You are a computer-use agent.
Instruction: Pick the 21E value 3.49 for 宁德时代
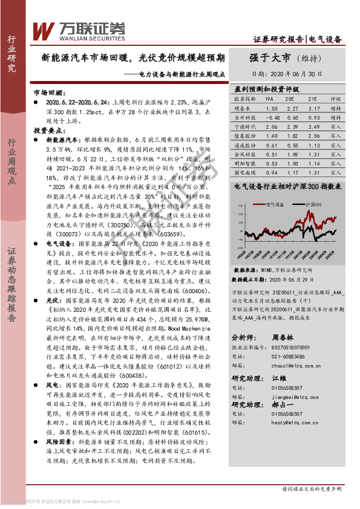[314, 128]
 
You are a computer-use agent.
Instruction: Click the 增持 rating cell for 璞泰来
[336, 108]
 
